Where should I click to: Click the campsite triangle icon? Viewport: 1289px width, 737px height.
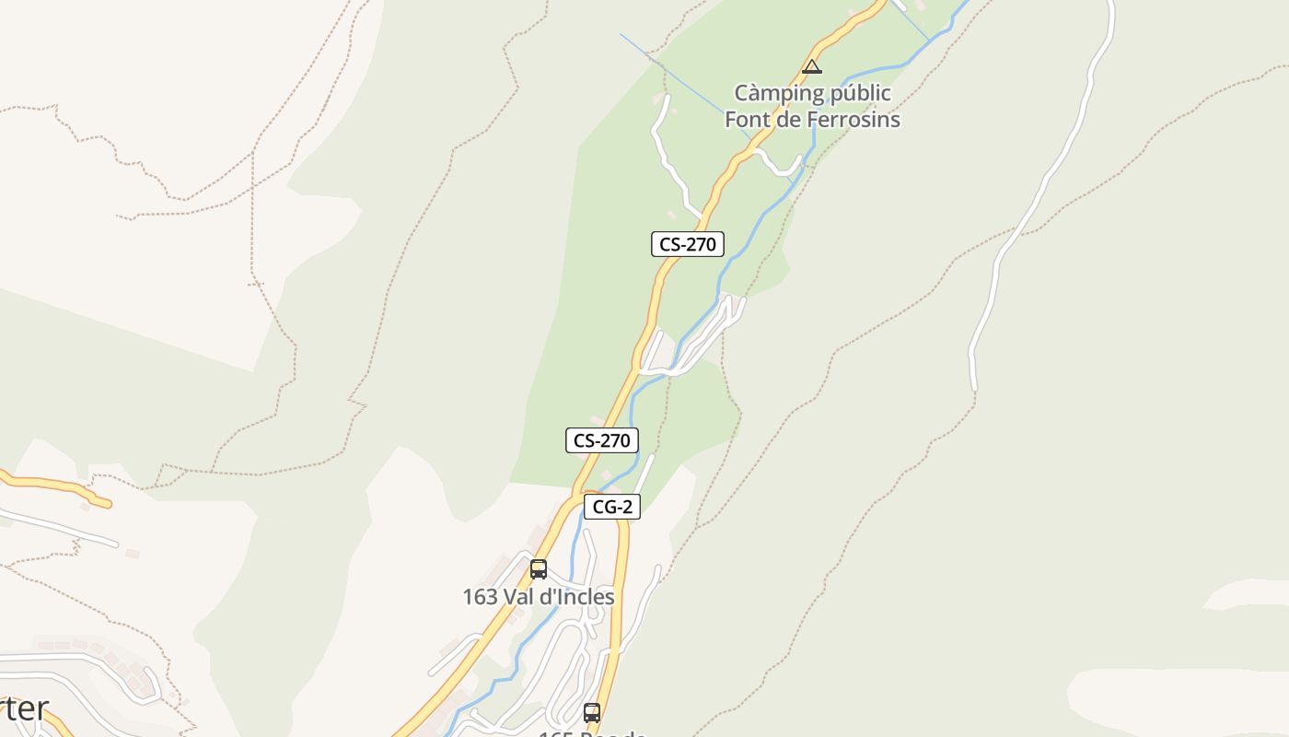tap(811, 66)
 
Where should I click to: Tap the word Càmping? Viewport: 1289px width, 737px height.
tap(778, 93)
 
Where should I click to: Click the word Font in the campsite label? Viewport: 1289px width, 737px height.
tap(747, 120)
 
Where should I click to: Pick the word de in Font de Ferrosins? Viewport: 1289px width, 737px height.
tap(784, 120)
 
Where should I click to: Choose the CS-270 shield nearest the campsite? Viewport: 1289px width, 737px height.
tap(687, 244)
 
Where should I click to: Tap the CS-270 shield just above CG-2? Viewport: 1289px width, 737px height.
tap(601, 440)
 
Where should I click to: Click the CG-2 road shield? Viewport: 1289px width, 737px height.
tap(611, 507)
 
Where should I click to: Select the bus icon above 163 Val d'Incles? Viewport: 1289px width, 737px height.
tap(539, 568)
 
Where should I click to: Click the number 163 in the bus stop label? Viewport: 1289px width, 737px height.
tap(480, 597)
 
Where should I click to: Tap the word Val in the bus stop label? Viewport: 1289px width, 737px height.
tap(518, 597)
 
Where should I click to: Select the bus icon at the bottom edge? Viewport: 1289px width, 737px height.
tap(592, 712)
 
